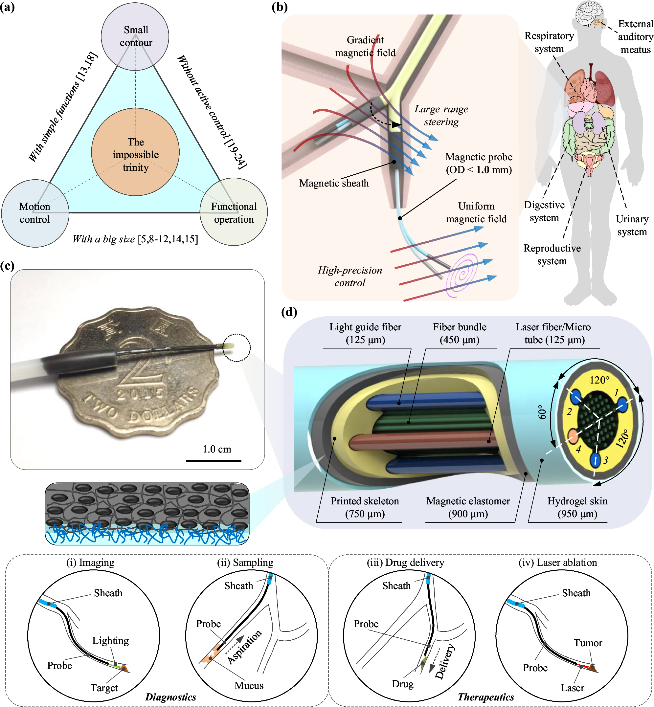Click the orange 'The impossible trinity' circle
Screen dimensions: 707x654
pos(135,152)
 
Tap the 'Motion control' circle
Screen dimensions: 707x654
pos(35,213)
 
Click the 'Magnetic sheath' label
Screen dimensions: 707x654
pos(334,183)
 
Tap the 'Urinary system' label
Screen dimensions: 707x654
pos(632,225)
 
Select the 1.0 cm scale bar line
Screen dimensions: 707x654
pos(214,461)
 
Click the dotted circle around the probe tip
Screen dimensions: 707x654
pos(237,347)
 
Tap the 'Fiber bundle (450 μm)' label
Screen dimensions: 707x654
pos(459,333)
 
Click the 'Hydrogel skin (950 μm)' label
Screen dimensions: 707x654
pos(577,507)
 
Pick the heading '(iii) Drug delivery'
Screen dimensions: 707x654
pos(405,562)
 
